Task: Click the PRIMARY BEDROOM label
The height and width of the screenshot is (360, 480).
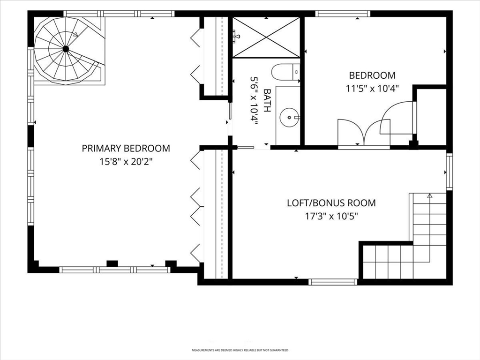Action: coord(126,148)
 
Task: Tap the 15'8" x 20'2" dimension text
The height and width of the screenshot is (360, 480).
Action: coord(126,162)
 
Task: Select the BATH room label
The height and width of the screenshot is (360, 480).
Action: coord(267,100)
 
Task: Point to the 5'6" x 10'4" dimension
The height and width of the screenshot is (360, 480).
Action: coord(254,101)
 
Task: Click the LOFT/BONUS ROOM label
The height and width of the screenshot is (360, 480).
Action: coord(331,203)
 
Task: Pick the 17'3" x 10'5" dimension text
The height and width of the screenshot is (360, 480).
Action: coord(331,217)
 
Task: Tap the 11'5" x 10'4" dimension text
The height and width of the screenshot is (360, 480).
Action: coord(372,89)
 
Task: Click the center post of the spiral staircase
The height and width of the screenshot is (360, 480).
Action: coord(66,49)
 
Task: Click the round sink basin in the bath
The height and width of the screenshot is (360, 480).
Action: coord(289,117)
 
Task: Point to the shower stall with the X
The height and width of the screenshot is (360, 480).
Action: coord(266,37)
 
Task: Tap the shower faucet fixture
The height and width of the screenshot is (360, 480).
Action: coord(236,35)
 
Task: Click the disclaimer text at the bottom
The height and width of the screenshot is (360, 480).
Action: coord(240,350)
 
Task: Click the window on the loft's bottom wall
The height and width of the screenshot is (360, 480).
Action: coord(333,282)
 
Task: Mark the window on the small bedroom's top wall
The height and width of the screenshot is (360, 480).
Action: coord(343,14)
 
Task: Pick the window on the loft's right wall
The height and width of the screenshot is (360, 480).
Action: coord(449,172)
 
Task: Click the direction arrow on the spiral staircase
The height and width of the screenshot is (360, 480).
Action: coord(75,34)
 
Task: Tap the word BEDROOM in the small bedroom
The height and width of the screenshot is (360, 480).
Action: coord(372,75)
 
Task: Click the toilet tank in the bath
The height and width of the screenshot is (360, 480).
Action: coord(296,72)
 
